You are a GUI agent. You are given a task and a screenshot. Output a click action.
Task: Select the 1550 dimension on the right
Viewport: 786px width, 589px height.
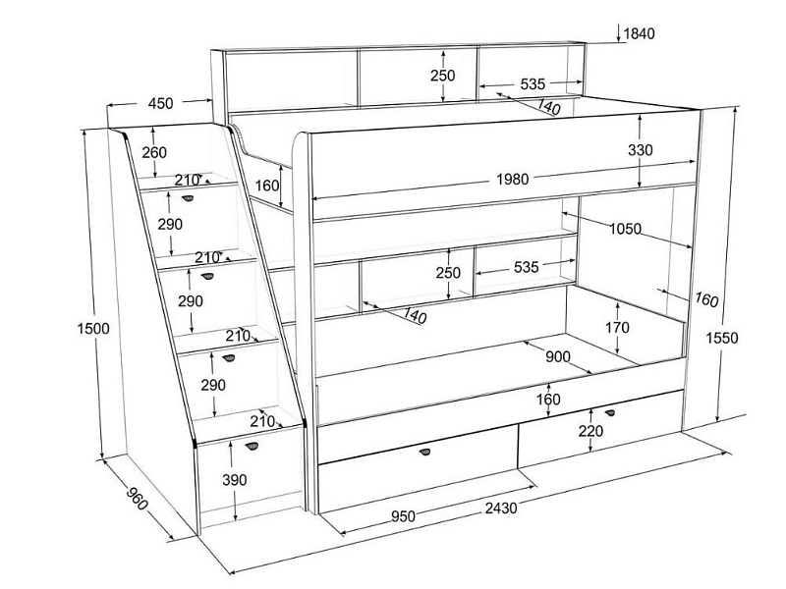[x=750, y=339]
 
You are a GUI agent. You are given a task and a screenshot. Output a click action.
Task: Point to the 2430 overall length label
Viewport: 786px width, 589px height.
[x=500, y=508]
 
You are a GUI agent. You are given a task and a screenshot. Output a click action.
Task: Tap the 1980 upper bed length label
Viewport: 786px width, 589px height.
[x=513, y=179]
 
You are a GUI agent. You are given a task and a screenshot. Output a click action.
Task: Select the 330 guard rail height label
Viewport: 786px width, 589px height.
[x=668, y=150]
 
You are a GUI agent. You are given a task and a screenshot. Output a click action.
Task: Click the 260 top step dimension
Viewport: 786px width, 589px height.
[x=153, y=152]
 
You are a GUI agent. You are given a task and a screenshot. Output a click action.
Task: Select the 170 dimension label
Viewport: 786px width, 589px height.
[x=617, y=327]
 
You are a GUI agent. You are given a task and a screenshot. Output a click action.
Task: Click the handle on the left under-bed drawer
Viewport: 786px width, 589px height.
[x=426, y=452]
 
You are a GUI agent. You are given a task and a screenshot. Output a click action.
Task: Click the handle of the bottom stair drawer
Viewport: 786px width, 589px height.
[x=253, y=447]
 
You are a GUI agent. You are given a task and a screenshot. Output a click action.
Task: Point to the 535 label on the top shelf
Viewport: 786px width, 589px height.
[x=533, y=84]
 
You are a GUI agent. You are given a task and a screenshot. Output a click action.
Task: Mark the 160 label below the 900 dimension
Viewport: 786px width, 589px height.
[x=548, y=399]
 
